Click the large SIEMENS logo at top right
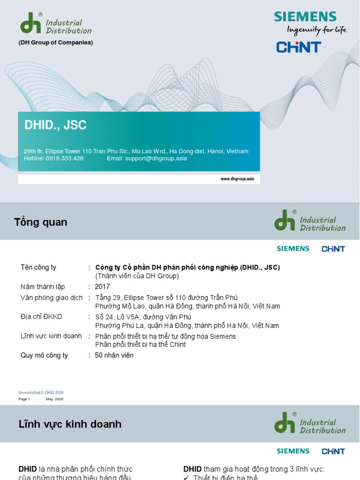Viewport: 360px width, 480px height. tap(305, 17)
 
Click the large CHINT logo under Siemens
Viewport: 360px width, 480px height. tap(299, 47)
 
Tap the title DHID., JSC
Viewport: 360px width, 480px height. tap(55, 126)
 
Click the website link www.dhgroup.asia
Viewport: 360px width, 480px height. tap(237, 179)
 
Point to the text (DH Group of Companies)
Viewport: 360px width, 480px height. tap(56, 43)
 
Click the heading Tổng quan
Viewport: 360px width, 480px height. tap(41, 222)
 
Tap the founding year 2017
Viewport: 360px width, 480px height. tap(102, 287)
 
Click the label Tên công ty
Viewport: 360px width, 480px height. tap(38, 268)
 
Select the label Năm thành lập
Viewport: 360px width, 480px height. tap(43, 287)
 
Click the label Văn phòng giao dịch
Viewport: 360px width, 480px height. tap(52, 298)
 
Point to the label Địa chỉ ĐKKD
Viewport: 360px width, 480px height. tap(41, 317)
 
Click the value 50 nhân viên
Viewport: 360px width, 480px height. tap(114, 355)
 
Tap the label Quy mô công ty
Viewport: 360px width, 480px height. tap(44, 355)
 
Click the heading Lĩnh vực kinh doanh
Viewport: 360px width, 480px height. tap(70, 424)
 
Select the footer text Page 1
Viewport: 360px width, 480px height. tap(24, 399)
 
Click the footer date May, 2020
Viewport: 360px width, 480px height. tap(54, 399)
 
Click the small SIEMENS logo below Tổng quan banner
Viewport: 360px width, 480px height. tap(293, 249)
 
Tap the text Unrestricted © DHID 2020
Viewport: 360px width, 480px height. tap(41, 392)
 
